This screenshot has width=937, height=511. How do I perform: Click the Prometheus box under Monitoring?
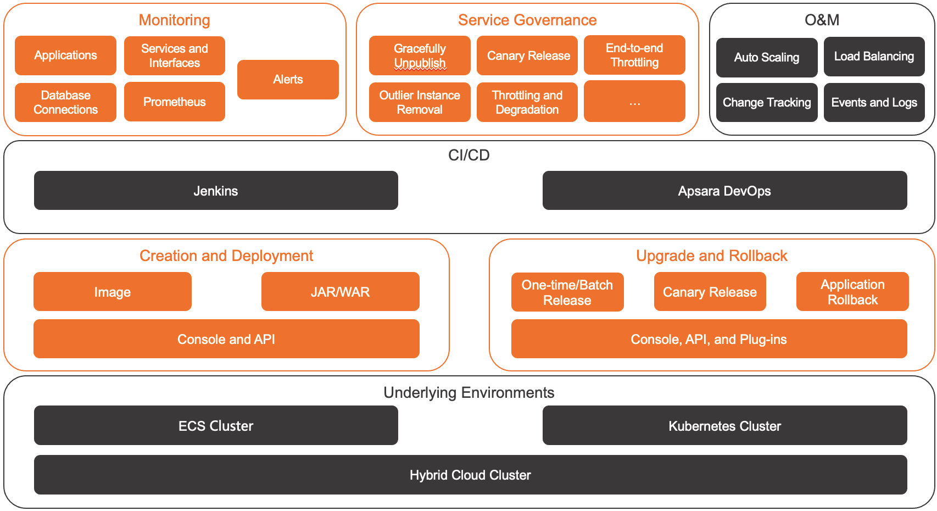tap(174, 102)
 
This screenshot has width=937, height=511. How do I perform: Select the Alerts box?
tap(288, 80)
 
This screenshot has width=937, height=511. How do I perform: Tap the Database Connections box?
tap(65, 102)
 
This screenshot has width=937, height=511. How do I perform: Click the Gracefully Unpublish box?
tap(420, 55)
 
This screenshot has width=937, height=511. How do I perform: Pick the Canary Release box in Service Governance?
tap(527, 55)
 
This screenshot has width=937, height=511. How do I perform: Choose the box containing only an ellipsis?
tap(634, 102)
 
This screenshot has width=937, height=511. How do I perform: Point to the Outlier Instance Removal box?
tap(420, 102)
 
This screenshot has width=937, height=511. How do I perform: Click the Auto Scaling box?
tap(767, 57)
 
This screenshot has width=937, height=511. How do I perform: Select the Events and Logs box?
tap(874, 102)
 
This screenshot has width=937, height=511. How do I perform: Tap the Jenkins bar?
tap(216, 191)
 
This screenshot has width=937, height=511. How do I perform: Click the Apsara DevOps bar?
tap(724, 191)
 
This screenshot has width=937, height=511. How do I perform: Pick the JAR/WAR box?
tap(340, 292)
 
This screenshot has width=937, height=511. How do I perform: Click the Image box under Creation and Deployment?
tap(113, 292)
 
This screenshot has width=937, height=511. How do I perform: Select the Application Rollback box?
tap(852, 292)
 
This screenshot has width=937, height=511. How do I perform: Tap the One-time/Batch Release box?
tap(567, 292)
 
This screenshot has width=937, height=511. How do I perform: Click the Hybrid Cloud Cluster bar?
tap(470, 475)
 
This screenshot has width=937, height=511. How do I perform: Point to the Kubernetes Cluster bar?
tap(724, 426)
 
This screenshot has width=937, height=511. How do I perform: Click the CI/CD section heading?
tap(468, 155)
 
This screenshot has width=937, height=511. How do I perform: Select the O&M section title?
tap(822, 20)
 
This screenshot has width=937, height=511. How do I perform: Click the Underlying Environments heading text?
tap(468, 392)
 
